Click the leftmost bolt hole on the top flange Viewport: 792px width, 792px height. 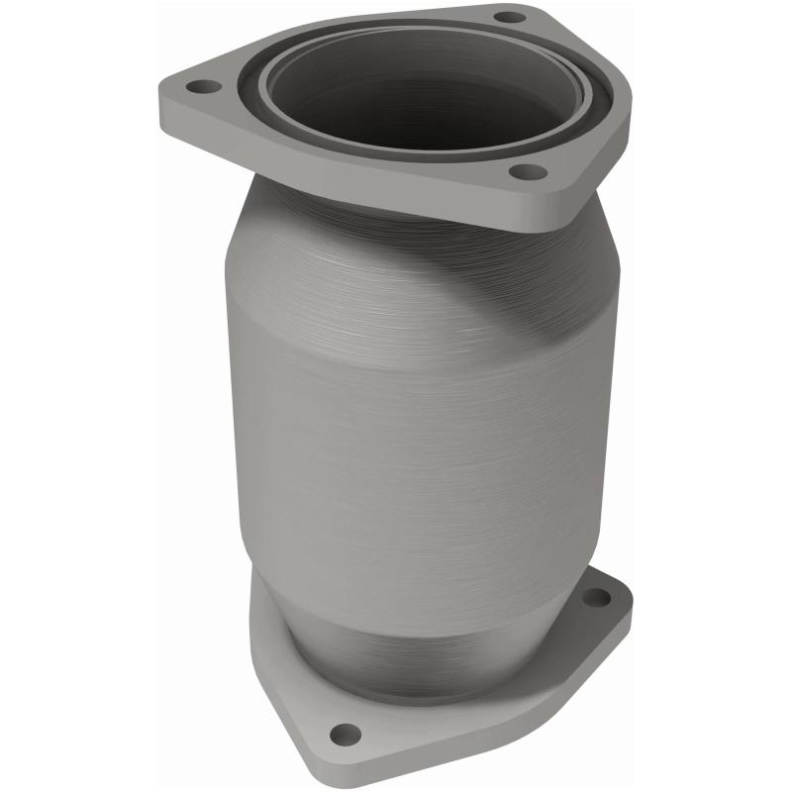tap(205, 87)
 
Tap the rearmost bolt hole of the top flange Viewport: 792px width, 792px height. tap(509, 17)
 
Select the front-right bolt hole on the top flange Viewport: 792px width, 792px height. tap(528, 172)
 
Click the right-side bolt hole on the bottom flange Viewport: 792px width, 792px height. tap(596, 598)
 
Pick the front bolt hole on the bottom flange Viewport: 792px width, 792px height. tap(345, 734)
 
